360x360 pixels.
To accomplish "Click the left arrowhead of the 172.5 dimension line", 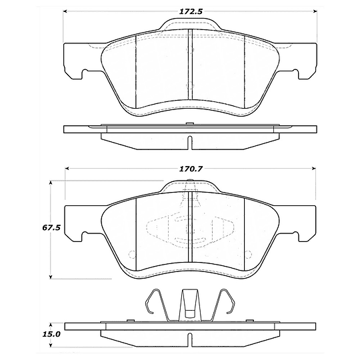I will pos(66,12).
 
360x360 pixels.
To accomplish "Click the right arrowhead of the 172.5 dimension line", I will pos(315,12).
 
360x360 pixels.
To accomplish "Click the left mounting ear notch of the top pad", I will pos(83,74).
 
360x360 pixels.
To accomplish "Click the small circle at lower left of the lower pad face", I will pos(131,253).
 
